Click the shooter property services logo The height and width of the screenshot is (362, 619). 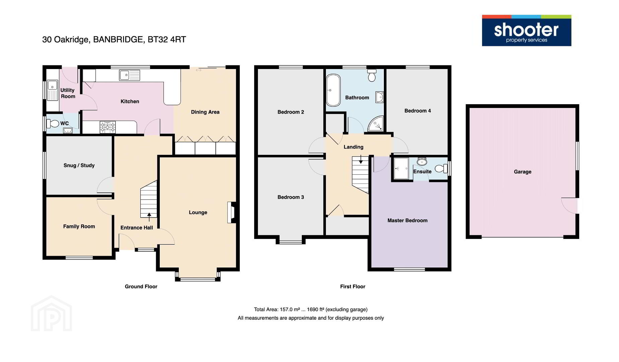click(526, 31)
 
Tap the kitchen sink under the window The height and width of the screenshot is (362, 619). click(129, 75)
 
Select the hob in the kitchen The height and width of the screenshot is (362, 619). click(108, 127)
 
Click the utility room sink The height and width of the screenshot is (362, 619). click(52, 90)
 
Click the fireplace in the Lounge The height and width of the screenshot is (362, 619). click(231, 212)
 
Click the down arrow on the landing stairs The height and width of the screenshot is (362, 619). click(361, 159)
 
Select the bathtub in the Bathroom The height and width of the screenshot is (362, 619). click(333, 90)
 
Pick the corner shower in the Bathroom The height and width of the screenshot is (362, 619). click(376, 124)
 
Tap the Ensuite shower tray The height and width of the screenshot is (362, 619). click(401, 169)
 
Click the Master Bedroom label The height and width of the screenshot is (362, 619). click(407, 221)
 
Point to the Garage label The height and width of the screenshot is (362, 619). click(523, 172)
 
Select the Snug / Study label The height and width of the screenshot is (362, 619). click(79, 165)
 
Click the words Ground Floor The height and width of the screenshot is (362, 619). click(141, 287)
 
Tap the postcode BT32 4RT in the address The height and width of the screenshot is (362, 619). click(167, 40)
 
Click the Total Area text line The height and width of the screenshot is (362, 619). click(311, 309)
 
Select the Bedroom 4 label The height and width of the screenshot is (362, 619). click(418, 111)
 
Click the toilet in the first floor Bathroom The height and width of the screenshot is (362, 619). click(372, 76)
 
